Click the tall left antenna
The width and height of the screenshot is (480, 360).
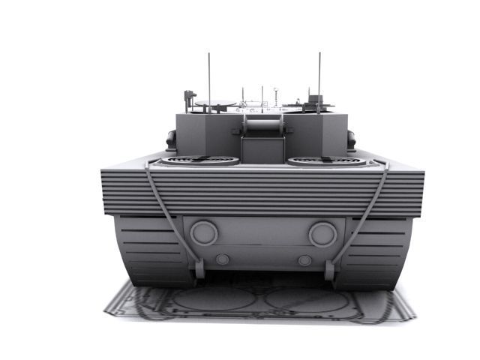tap(209, 75)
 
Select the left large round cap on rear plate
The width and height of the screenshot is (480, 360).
tap(203, 232)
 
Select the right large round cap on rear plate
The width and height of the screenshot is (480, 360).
tap(322, 233)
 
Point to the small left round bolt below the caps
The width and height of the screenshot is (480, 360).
tap(222, 259)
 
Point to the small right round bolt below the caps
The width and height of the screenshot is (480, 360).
tap(304, 260)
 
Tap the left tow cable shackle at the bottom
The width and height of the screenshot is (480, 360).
tap(199, 268)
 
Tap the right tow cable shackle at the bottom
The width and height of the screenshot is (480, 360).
tap(329, 268)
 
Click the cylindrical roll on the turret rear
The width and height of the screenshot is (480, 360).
tap(262, 123)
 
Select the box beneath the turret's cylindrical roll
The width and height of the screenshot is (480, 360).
tap(262, 148)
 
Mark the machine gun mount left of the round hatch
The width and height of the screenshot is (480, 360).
tap(190, 97)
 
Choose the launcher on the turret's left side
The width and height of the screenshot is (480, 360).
tap(172, 139)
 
